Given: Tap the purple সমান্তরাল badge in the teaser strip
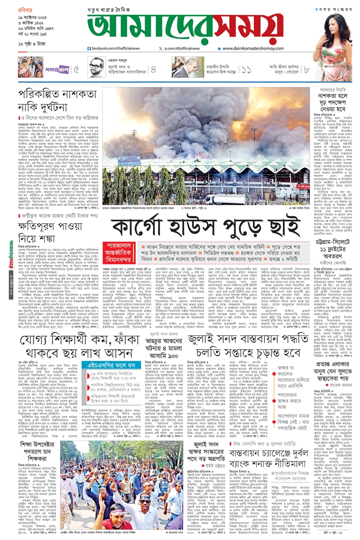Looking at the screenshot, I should coord(57,67).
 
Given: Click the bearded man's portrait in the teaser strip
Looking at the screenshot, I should coord(96,67).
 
